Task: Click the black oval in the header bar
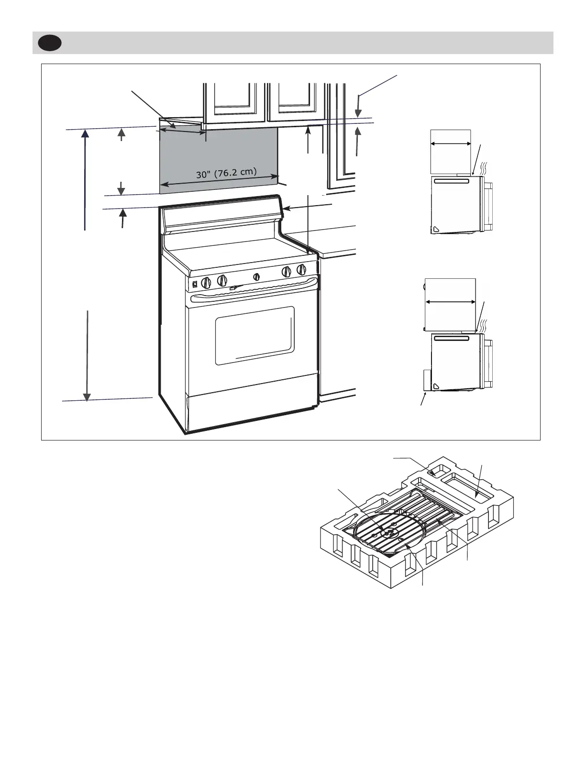pyautogui.click(x=50, y=43)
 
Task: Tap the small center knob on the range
pyautogui.click(x=256, y=276)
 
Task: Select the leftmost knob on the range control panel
pyautogui.click(x=206, y=282)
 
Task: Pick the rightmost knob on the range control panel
pyautogui.click(x=301, y=269)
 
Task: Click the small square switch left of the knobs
pyautogui.click(x=195, y=286)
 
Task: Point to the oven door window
pyautogui.click(x=254, y=335)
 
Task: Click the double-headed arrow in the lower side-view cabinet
pyautogui.click(x=450, y=302)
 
